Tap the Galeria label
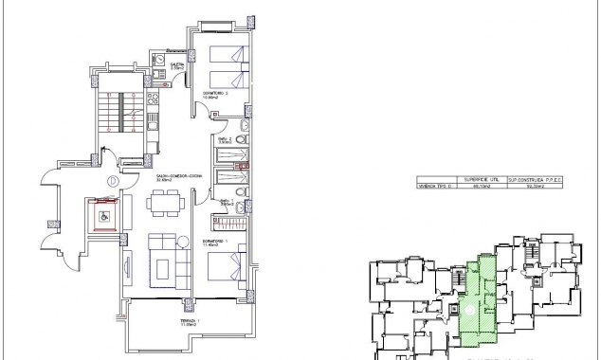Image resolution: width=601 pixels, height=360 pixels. tap(176, 65)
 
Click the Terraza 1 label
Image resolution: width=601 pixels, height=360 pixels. tap(191, 323)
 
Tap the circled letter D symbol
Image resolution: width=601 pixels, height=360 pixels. tap(111, 180)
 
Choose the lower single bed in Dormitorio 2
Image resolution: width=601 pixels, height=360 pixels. tap(228, 77)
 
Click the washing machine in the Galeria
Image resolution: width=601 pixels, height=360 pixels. tap(177, 79)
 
